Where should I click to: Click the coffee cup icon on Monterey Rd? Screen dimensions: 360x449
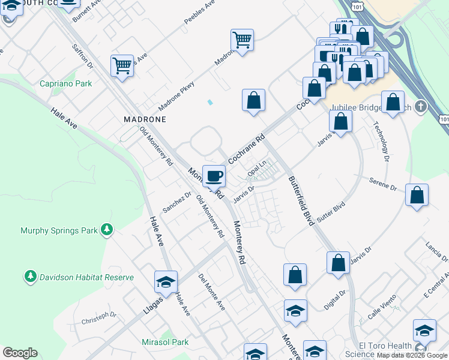tap(214, 176)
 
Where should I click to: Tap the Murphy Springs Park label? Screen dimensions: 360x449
tap(59, 230)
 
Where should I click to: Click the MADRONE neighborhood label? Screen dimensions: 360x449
tap(145, 119)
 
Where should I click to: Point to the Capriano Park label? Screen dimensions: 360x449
tap(66, 83)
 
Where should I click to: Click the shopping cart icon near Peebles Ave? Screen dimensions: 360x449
tap(242, 40)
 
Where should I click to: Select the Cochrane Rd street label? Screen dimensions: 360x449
tap(247, 149)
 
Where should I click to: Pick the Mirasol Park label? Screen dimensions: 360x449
tap(165, 342)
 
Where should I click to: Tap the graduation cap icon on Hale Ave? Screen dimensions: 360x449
tap(166, 281)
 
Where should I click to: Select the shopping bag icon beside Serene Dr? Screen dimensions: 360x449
tap(417, 195)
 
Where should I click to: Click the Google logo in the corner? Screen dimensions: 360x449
tap(20, 353)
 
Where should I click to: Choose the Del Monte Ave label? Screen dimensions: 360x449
tap(211, 292)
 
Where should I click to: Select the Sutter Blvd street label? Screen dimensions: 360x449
tap(331, 212)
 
